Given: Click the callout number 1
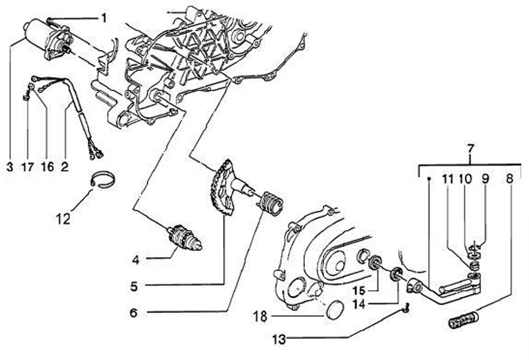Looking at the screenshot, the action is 104,16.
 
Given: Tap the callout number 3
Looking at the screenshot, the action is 10,168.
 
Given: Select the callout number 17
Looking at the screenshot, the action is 27,168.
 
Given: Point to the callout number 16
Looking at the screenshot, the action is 46,168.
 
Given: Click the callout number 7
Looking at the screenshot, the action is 469,151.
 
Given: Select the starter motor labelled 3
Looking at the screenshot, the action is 46,36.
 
